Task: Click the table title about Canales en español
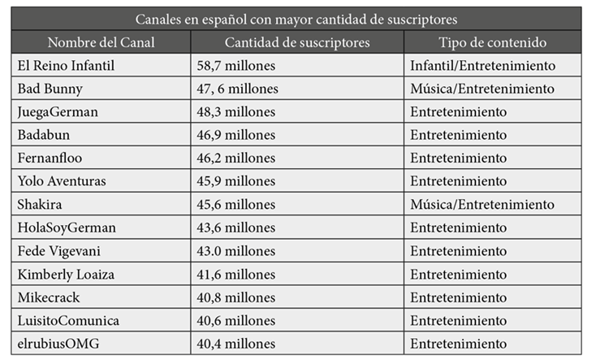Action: pos(297,18)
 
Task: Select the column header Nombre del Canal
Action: pos(101,42)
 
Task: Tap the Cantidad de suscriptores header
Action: pos(296,42)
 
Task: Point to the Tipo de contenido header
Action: pos(492,42)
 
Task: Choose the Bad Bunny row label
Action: pos(46,88)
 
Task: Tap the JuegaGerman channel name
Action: pos(57,111)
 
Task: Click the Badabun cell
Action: pos(45,135)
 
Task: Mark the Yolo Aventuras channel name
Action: pos(61,181)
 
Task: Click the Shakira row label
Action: pos(39,204)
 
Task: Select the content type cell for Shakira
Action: pos(482,204)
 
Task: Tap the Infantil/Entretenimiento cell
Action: pos(482,65)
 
